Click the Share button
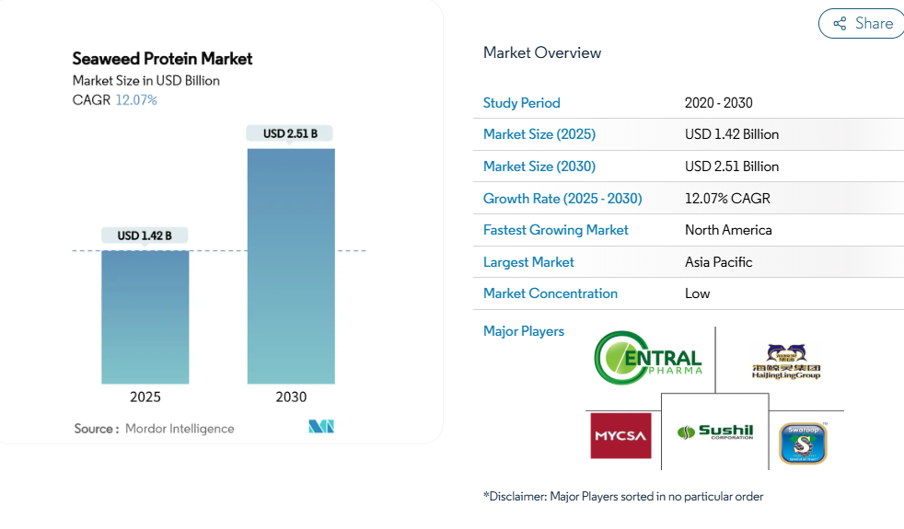(x=862, y=24)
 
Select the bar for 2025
(x=145, y=316)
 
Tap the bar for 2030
(x=291, y=266)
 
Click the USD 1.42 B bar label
(x=145, y=236)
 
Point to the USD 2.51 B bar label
(x=290, y=133)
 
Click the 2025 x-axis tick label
(x=145, y=397)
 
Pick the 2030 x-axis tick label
(x=291, y=397)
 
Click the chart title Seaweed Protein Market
(x=162, y=59)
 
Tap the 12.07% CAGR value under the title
(x=136, y=100)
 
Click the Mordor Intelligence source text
(x=180, y=429)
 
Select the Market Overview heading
(x=542, y=53)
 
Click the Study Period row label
(x=522, y=103)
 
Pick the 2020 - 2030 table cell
(x=718, y=103)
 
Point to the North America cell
(x=728, y=230)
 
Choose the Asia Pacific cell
(x=718, y=262)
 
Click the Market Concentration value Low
(x=697, y=293)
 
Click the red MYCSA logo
(x=620, y=436)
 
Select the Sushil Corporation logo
(x=715, y=431)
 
